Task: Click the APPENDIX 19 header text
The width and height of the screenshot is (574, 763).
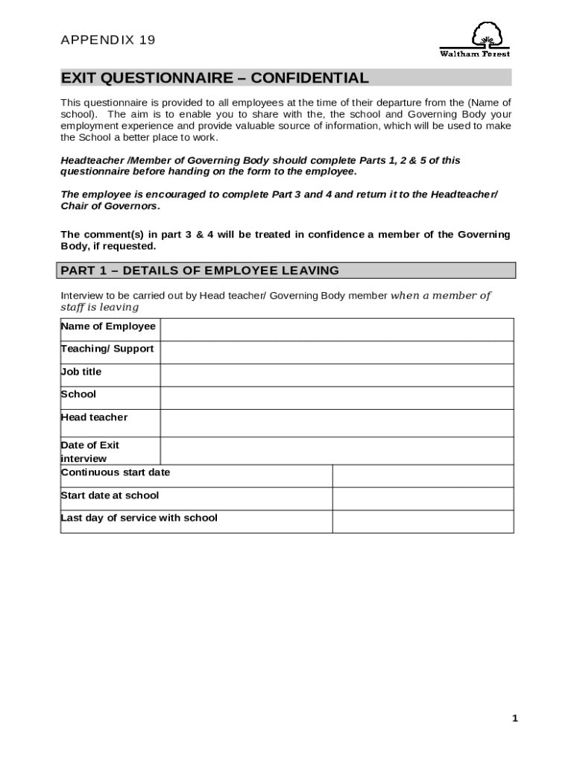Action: [x=107, y=40]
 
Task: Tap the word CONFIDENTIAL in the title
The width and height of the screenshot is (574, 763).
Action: [x=309, y=78]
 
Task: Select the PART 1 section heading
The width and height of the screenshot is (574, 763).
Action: [x=200, y=270]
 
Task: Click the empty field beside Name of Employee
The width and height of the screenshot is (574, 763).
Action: [x=336, y=329]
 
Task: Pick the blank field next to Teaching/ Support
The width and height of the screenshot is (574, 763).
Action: [x=336, y=352]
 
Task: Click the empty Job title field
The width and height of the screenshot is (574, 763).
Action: [x=336, y=375]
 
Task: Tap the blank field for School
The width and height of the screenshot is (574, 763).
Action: [x=336, y=398]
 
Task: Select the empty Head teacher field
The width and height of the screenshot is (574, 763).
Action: [x=336, y=422]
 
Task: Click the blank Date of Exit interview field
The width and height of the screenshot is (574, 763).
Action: [x=336, y=451]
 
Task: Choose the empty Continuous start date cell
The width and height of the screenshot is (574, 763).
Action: [x=423, y=476]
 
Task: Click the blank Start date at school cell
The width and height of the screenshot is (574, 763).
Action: [x=423, y=498]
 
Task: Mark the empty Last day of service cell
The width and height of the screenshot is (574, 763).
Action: [x=423, y=522]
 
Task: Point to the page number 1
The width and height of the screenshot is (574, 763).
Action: [x=514, y=718]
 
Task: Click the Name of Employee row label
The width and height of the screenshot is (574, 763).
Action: [x=108, y=326]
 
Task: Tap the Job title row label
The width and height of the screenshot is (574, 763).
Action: [x=81, y=372]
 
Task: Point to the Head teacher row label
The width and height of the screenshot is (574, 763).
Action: [x=94, y=417]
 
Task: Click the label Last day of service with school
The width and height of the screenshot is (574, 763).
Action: [x=139, y=518]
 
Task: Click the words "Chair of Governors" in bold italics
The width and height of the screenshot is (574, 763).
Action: [x=109, y=206]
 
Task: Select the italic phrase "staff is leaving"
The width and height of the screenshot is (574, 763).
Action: [x=99, y=307]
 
